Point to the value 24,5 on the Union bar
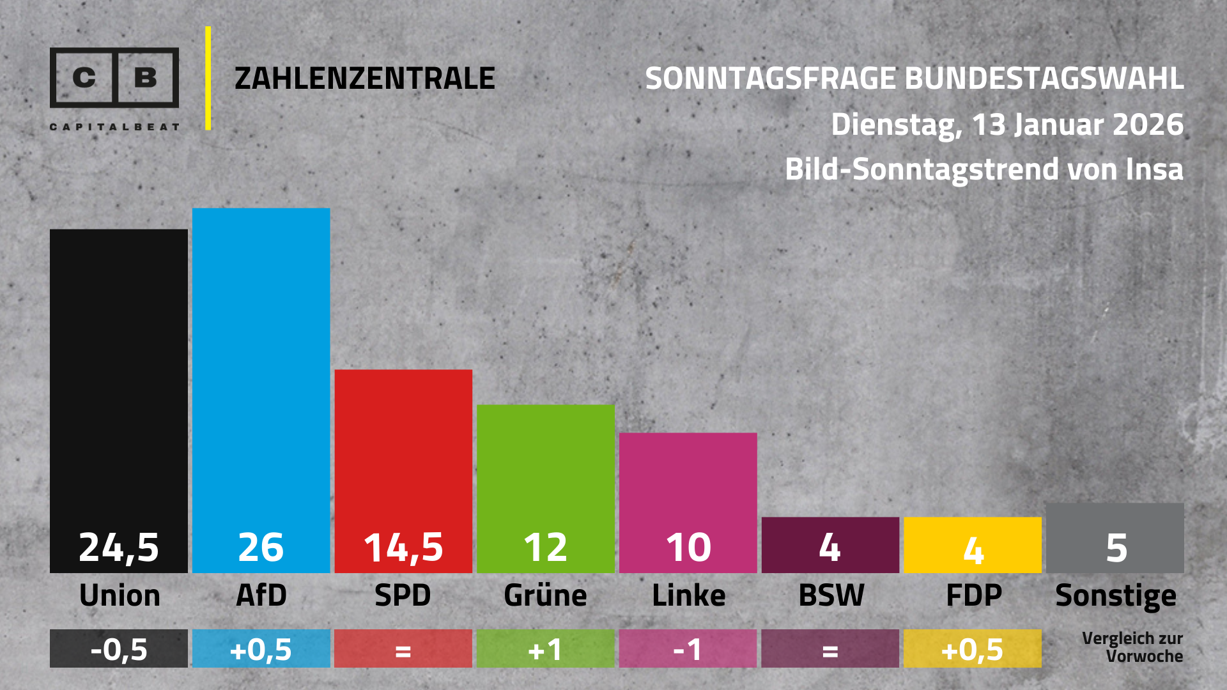coord(119,548)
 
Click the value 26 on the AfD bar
coord(261,548)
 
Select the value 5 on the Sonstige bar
coord(1116,548)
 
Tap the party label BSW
coord(831,595)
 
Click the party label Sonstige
coord(1116,596)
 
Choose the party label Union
coord(120,595)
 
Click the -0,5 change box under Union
coord(119,649)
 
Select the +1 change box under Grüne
coord(545,649)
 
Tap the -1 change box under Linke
coord(688,649)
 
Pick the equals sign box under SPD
coord(403,649)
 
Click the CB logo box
coord(114,77)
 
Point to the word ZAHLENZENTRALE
coord(365,79)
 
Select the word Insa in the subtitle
coord(1154,169)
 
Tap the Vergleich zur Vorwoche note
coord(1132,647)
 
